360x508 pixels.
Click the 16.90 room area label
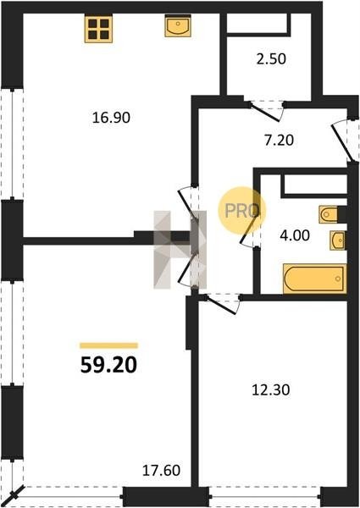coord(111,118)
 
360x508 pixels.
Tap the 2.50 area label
coord(271,59)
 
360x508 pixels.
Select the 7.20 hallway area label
coord(279,140)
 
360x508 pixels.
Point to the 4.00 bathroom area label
coord(295,235)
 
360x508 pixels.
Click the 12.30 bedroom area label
coord(271,389)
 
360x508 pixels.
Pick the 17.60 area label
coord(162,470)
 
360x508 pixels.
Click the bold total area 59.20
coord(109,365)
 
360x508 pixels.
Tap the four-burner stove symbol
coord(98,29)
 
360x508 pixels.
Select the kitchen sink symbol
coord(178,25)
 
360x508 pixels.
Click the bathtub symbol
coord(314,279)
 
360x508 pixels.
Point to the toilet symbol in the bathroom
coord(329,214)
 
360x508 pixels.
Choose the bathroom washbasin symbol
coord(338,240)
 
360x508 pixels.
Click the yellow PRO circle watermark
coord(241,211)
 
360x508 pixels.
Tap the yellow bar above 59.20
coord(109,345)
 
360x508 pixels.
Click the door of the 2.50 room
coord(266,112)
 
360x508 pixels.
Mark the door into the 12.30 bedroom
coord(221,304)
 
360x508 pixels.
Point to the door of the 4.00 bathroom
coord(250,229)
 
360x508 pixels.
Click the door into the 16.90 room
coord(187,202)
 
